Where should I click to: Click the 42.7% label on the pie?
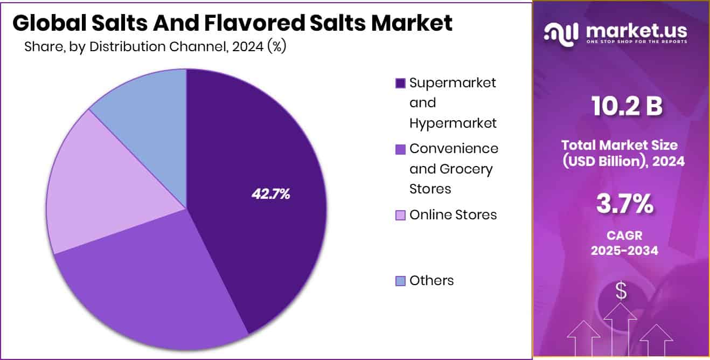click(x=271, y=195)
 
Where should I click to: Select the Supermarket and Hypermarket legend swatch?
click(x=400, y=84)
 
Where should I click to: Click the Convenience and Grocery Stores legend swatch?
click(x=400, y=149)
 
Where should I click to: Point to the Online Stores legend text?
click(x=453, y=215)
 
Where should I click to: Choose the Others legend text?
click(x=431, y=281)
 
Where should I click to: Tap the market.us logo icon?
click(x=563, y=33)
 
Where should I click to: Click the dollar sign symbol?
click(x=622, y=292)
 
